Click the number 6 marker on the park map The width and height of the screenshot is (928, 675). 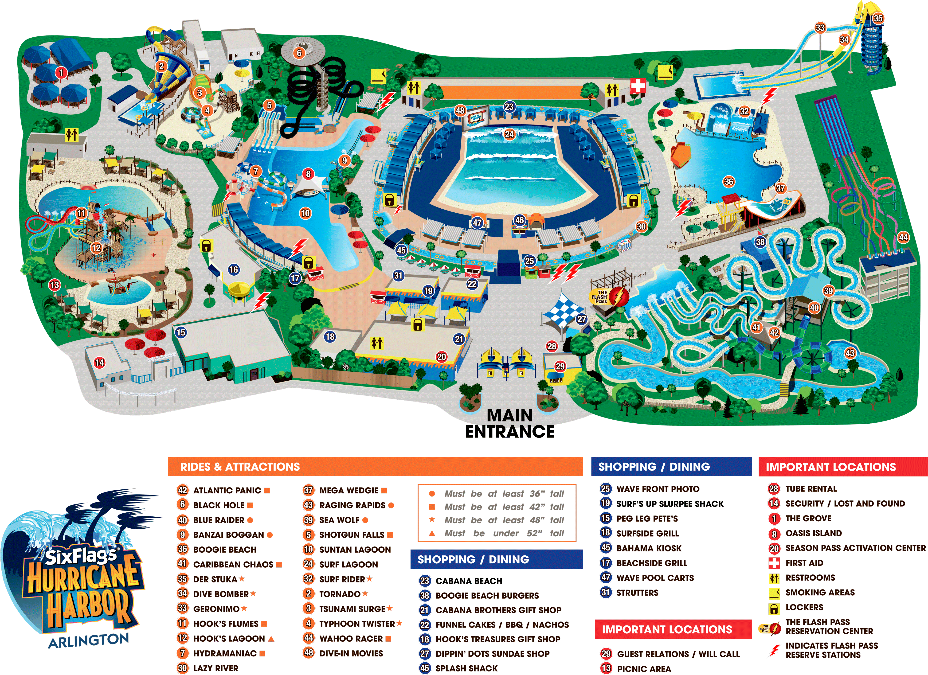pos(299,53)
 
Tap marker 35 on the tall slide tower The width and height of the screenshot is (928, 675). pos(878,18)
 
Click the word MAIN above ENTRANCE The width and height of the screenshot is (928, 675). pos(510,416)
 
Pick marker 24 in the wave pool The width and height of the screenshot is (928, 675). pos(509,134)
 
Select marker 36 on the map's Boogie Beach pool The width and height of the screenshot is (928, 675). pos(729,182)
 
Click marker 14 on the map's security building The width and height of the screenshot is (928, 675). pos(99,363)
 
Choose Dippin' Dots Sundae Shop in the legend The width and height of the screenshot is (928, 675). pos(492,654)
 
